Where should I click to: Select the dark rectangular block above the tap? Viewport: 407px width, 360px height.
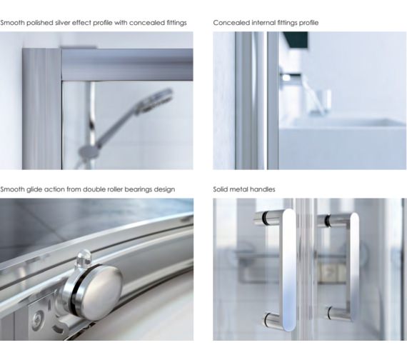294,40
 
